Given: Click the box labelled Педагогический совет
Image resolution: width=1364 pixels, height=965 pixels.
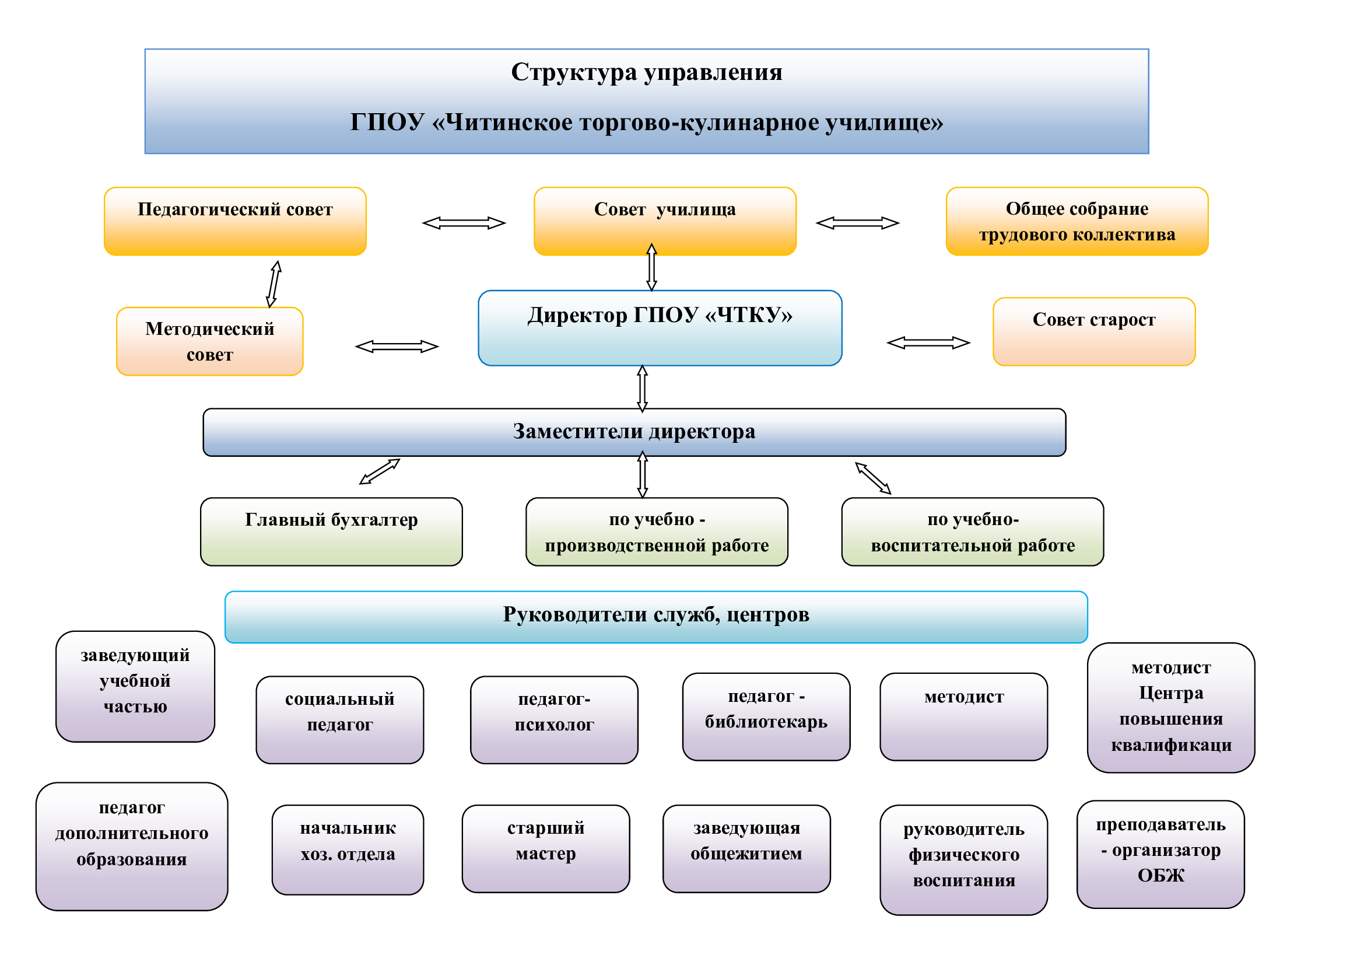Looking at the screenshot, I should [x=234, y=221].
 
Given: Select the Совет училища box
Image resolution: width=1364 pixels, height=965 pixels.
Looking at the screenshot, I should [x=664, y=221].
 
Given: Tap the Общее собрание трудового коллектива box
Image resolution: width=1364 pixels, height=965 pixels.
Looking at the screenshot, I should [x=1077, y=221].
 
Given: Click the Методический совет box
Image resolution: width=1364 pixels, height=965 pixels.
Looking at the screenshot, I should [x=209, y=341].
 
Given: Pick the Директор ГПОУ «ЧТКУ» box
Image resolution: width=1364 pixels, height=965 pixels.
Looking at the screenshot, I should [x=660, y=328].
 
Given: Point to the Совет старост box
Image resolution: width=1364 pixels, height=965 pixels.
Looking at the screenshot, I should [x=1093, y=331].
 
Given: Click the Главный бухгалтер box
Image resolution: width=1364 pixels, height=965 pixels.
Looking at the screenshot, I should [x=331, y=532].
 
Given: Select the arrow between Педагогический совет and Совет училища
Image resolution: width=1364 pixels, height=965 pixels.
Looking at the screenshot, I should [x=464, y=223].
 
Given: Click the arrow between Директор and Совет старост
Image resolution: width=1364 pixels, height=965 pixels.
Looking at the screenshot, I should [x=928, y=343].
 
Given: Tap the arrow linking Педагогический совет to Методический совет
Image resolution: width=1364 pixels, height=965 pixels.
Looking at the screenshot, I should [x=273, y=284].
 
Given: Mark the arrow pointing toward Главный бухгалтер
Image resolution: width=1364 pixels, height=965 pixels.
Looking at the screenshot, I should [x=380, y=471].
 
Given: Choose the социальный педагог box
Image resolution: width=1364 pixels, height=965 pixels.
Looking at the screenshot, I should [x=339, y=719].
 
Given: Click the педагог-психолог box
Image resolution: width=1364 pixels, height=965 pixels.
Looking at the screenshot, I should [x=553, y=719].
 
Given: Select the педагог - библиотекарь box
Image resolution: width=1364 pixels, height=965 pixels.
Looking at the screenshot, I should [x=766, y=716].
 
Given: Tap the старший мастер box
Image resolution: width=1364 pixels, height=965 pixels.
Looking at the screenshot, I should [x=545, y=848].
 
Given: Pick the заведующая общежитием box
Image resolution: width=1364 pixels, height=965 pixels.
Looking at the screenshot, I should [x=746, y=848].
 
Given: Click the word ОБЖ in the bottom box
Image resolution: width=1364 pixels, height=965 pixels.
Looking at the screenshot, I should [x=1160, y=875].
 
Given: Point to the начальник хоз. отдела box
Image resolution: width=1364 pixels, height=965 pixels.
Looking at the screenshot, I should [x=348, y=849].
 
